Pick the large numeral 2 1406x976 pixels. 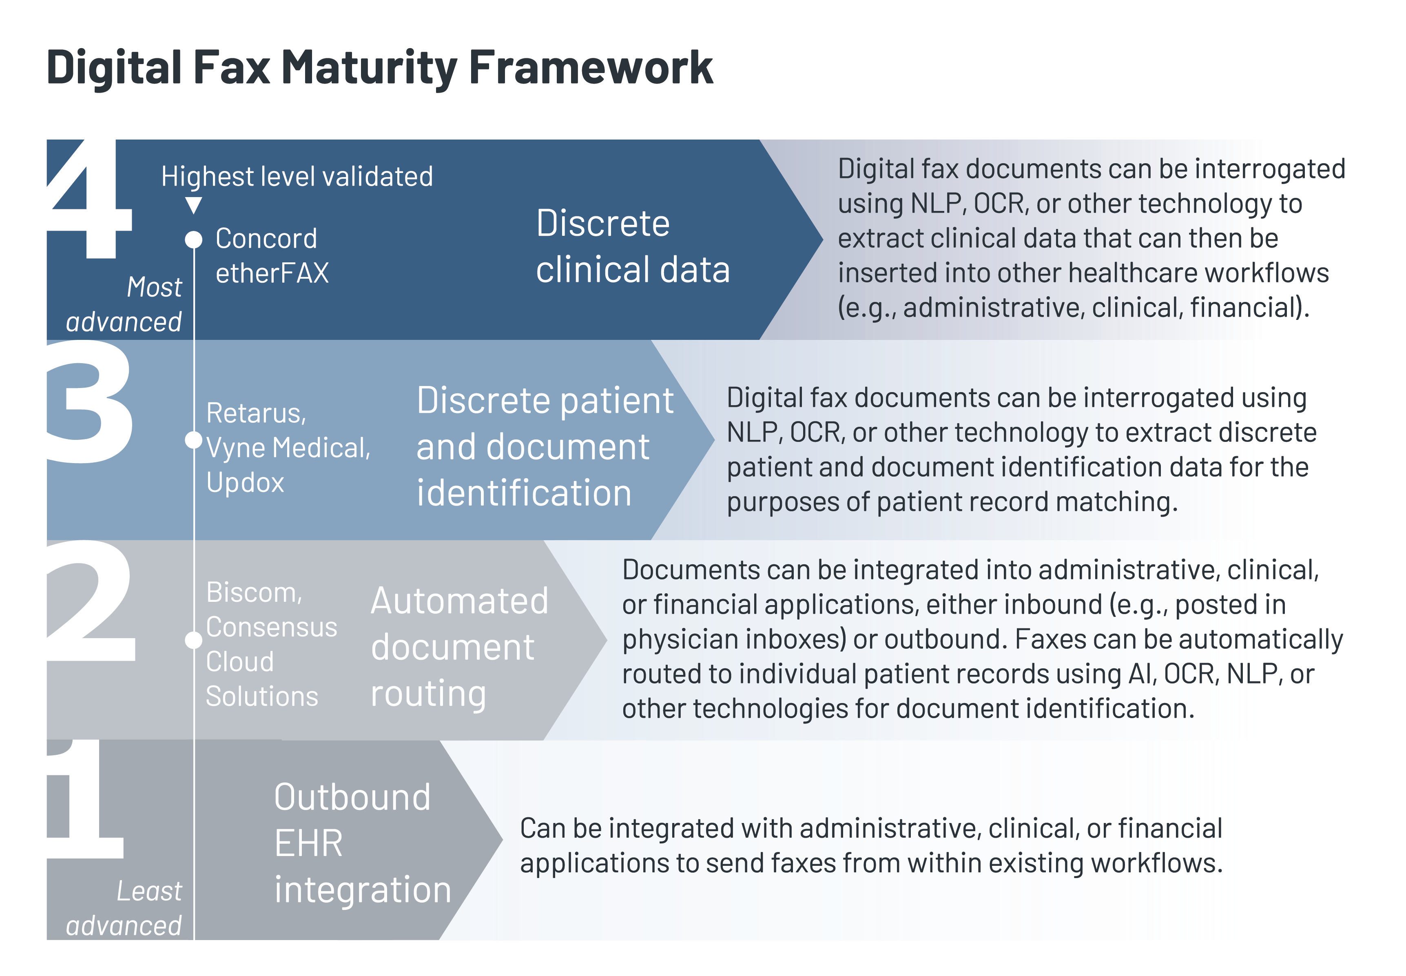click(92, 602)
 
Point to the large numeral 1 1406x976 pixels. click(86, 801)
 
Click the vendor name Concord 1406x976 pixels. click(266, 239)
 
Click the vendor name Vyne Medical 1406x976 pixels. click(287, 448)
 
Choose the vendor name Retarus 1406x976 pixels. click(255, 413)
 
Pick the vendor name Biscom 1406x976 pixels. click(254, 592)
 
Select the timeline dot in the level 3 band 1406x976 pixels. click(194, 440)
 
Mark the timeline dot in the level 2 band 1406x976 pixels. click(194, 640)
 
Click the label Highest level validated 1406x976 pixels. click(297, 177)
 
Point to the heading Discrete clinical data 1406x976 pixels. click(633, 246)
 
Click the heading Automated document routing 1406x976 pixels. click(458, 647)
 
